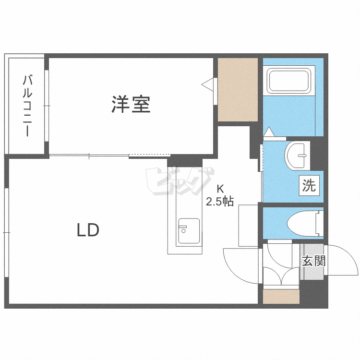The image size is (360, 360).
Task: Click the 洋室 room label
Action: tap(131, 104)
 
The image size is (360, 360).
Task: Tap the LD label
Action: tap(88, 230)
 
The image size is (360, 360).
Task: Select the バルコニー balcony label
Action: tap(27, 106)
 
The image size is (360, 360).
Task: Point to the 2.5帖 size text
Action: tap(220, 202)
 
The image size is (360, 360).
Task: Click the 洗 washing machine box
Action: tap(309, 185)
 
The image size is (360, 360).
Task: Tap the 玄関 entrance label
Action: tap(313, 261)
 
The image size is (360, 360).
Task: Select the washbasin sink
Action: tap(297, 156)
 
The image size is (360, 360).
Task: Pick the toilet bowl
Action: tap(305, 223)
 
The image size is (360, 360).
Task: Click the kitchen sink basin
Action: tap(189, 231)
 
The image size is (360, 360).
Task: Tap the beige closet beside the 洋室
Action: tap(238, 90)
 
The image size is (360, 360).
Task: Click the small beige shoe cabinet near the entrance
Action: tap(281, 297)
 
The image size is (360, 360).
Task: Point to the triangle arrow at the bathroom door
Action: tap(269, 132)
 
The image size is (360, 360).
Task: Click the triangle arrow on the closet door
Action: tap(207, 85)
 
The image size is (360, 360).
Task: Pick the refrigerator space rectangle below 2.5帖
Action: tap(248, 226)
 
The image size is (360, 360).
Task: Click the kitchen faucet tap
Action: tap(183, 229)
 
